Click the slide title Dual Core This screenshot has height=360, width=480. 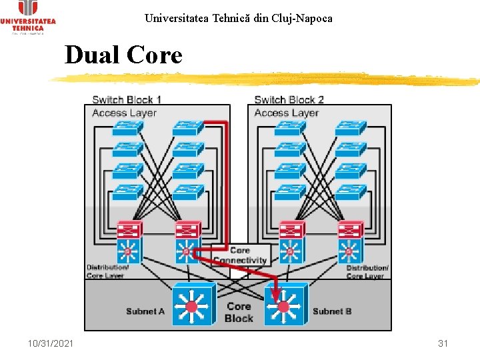[x=123, y=55]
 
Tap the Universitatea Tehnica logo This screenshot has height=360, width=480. [x=28, y=17]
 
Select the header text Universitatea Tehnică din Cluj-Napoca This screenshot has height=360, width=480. [x=238, y=18]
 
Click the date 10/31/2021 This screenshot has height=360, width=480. [x=51, y=343]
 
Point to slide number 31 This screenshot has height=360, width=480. [x=442, y=343]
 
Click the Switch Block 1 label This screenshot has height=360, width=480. [x=127, y=100]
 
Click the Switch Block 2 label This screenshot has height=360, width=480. [x=289, y=100]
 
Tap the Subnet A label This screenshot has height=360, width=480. [x=145, y=311]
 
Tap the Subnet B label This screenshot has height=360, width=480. [x=332, y=311]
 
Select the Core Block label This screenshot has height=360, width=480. [x=239, y=313]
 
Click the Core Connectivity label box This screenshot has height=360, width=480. [x=240, y=255]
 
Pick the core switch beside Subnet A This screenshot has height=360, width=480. [x=193, y=305]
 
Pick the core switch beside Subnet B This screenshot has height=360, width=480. [x=285, y=305]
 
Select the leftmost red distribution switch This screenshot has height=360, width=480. [x=129, y=231]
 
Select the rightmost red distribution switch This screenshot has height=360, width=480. [x=350, y=231]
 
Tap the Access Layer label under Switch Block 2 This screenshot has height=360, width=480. [x=287, y=113]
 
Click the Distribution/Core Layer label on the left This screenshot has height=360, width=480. [x=107, y=271]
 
